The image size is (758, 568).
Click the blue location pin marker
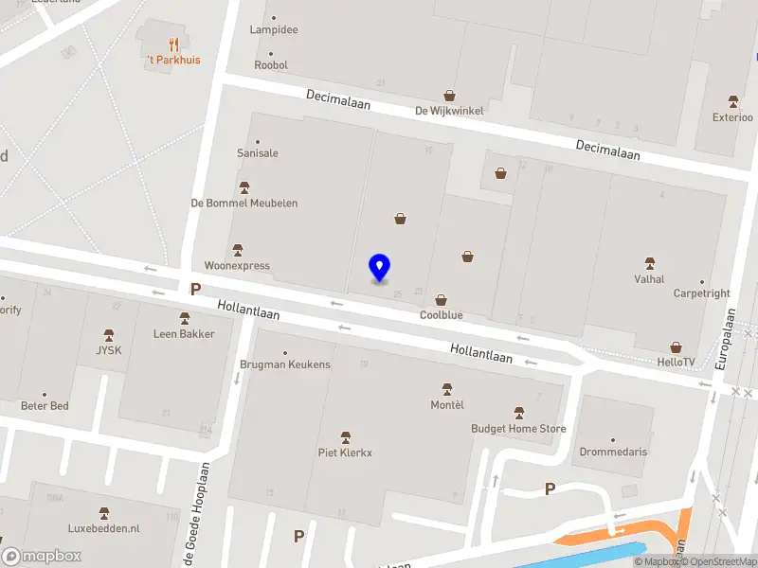(379, 268)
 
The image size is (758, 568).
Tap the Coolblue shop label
(441, 315)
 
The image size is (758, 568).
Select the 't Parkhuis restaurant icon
(172, 44)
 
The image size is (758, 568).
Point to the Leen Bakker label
(184, 333)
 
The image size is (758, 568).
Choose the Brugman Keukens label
(285, 364)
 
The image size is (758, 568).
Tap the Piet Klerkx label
(345, 452)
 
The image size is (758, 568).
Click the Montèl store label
(447, 405)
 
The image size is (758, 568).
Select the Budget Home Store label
(518, 428)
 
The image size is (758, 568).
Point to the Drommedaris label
(613, 452)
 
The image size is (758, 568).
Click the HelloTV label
(676, 362)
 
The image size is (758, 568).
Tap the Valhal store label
(649, 278)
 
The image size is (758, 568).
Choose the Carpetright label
(701, 293)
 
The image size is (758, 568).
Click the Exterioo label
(732, 117)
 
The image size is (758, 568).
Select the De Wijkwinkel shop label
(449, 110)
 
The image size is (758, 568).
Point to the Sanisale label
(257, 152)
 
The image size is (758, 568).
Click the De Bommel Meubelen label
(244, 203)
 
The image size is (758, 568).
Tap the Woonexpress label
(237, 265)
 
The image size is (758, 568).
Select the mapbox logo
(42, 557)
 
